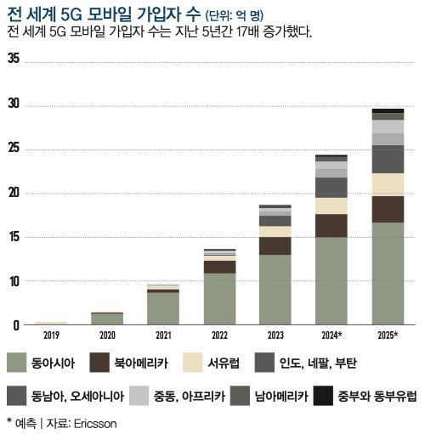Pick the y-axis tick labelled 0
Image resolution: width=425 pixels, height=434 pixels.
coord(15,325)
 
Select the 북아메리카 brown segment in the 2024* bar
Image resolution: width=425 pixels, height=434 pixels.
coord(331,225)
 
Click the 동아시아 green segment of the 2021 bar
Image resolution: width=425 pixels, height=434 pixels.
coord(162,308)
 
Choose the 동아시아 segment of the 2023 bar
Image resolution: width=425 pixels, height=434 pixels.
coord(275,290)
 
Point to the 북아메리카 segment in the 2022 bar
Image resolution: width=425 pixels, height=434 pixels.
coord(218,267)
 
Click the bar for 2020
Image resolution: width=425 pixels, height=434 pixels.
coord(107,319)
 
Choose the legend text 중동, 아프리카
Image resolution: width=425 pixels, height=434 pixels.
coord(192,396)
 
